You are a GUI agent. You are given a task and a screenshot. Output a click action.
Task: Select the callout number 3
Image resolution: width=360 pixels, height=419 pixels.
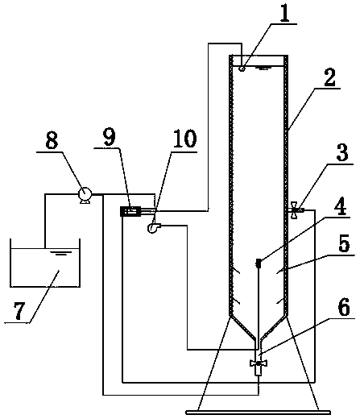[342, 153]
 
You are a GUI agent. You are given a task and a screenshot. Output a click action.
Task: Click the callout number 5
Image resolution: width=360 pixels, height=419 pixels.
[344, 243]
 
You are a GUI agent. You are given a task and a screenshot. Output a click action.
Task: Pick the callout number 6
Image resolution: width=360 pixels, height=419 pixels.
[344, 307]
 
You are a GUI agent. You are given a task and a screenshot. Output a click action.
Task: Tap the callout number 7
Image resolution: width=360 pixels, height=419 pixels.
[19, 311]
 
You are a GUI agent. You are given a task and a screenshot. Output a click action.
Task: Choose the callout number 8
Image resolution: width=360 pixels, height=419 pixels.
[52, 140]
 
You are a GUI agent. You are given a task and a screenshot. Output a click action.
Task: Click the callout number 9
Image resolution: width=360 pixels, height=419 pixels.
[110, 137]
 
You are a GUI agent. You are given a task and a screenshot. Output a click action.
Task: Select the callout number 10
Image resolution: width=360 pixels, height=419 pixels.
[184, 139]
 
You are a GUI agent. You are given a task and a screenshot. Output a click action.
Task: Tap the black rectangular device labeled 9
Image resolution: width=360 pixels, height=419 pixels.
[130, 211]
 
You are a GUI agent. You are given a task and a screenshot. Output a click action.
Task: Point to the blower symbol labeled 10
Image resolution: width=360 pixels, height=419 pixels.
[153, 228]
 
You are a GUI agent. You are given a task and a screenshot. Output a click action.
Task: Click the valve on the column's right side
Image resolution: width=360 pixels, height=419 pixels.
[295, 209]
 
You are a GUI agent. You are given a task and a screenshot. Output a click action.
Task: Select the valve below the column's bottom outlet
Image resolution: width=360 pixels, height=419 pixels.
[259, 363]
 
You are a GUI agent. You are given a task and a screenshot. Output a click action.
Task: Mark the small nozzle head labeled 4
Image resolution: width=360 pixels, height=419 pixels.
[259, 263]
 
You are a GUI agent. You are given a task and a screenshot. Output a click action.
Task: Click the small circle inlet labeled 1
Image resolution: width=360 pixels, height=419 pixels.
[242, 68]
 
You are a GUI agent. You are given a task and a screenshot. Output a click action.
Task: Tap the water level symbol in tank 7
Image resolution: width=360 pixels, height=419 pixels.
[61, 253]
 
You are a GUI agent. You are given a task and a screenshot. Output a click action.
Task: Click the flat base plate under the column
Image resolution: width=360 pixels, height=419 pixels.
[259, 413]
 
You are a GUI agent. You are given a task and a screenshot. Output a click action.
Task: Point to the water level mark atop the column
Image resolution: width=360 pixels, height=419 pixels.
[264, 68]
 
